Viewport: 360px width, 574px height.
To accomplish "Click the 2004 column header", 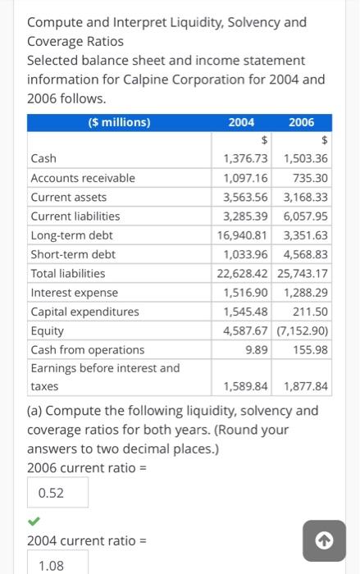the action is coord(240,122).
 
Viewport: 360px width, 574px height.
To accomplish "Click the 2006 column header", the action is coord(301,122).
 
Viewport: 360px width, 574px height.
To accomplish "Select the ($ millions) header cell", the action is coord(119,122).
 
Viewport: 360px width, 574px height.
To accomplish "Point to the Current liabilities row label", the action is coord(75,216).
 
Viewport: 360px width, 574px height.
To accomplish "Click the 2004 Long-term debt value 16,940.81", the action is coord(244,235).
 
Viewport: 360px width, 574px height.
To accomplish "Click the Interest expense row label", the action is coord(74,293).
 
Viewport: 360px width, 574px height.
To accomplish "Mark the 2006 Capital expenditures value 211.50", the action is coord(310,312).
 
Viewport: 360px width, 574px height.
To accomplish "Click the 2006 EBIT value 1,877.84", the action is coord(303,386).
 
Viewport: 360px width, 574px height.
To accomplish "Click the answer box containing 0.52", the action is coord(57,493).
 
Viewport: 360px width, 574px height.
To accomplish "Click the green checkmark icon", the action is coord(33,520).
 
